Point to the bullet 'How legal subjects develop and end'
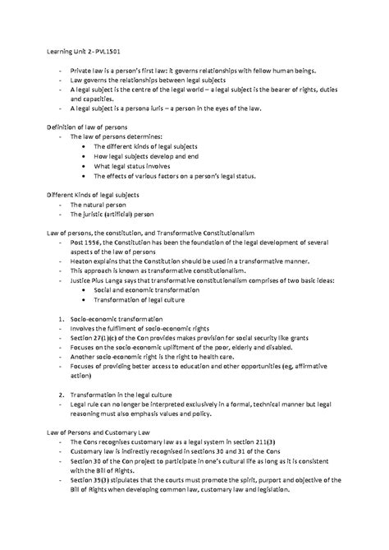[x=151, y=153]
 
